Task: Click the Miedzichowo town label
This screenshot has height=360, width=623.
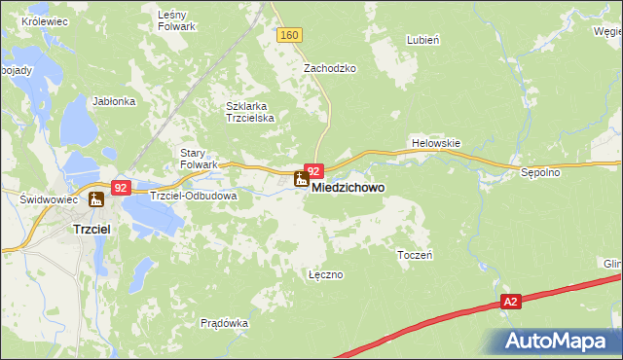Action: pyautogui.click(x=348, y=186)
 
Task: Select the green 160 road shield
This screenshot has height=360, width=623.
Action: pyautogui.click(x=289, y=35)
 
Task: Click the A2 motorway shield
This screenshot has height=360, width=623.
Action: pyautogui.click(x=511, y=303)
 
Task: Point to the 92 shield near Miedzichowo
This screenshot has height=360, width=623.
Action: pyautogui.click(x=313, y=170)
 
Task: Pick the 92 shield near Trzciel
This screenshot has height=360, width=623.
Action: pyautogui.click(x=120, y=187)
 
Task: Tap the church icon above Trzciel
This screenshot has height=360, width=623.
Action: pyautogui.click(x=95, y=200)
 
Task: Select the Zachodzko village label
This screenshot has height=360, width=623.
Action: pyautogui.click(x=330, y=69)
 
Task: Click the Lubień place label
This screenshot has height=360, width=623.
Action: pyautogui.click(x=424, y=41)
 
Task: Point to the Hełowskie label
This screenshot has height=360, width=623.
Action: pyautogui.click(x=435, y=143)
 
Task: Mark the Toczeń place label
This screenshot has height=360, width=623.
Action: pyautogui.click(x=415, y=254)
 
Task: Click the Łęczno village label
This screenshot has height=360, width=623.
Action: pyautogui.click(x=325, y=274)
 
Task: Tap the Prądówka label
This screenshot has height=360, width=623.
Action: pyautogui.click(x=224, y=323)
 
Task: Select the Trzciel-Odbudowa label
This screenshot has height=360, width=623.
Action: pyautogui.click(x=194, y=195)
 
